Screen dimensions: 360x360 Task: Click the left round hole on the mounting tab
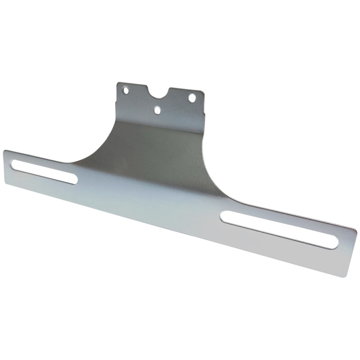pos(126,90)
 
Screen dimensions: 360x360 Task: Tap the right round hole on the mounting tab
pos(192,97)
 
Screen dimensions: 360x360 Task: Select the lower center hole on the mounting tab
pos(157,109)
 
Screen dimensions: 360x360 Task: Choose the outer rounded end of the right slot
pos(333,242)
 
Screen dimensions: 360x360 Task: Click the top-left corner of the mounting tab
pos(118,83)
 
